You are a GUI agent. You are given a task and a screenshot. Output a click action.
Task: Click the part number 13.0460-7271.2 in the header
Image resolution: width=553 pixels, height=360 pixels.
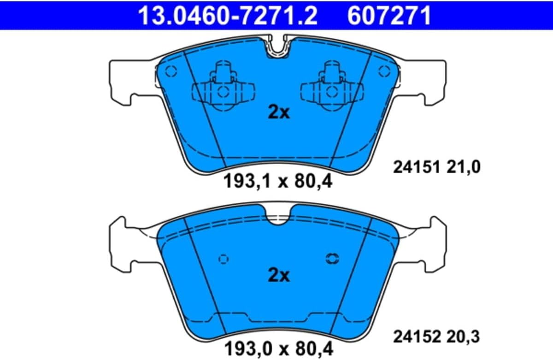[228, 16]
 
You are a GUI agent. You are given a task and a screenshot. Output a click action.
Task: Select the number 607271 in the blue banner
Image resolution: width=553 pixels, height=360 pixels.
[389, 16]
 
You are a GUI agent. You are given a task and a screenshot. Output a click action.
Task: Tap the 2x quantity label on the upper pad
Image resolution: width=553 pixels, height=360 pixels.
[279, 113]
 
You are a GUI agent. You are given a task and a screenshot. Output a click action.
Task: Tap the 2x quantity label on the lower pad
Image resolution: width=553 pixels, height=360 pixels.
[279, 275]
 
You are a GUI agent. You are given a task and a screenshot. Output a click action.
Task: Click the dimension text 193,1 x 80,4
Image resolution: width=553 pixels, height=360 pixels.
[278, 181]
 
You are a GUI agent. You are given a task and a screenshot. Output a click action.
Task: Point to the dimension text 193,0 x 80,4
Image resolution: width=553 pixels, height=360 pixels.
[279, 348]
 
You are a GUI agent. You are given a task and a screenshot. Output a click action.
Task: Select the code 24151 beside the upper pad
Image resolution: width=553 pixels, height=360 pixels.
[417, 167]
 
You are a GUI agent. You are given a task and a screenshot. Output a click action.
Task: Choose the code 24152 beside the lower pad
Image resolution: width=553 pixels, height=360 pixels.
[417, 336]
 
